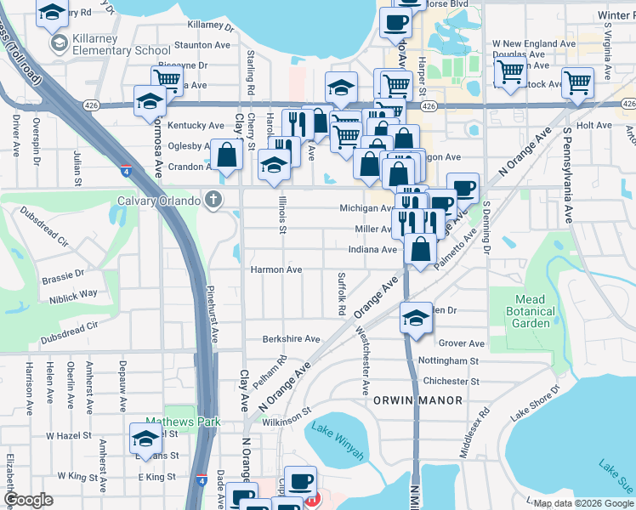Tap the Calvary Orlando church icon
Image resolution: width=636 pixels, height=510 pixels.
(213, 201)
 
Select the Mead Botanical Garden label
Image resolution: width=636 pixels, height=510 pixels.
(533, 311)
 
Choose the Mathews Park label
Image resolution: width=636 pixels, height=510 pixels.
(182, 422)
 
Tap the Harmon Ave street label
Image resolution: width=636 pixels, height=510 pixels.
(275, 269)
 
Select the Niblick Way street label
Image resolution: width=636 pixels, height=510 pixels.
(73, 293)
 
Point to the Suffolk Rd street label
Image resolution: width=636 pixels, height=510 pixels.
(341, 293)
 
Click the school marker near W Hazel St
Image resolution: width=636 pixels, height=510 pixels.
(145, 439)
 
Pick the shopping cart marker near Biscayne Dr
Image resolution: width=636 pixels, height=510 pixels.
(168, 80)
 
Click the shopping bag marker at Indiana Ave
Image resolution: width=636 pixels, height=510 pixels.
(420, 248)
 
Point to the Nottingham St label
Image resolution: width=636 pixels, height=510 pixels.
(456, 361)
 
